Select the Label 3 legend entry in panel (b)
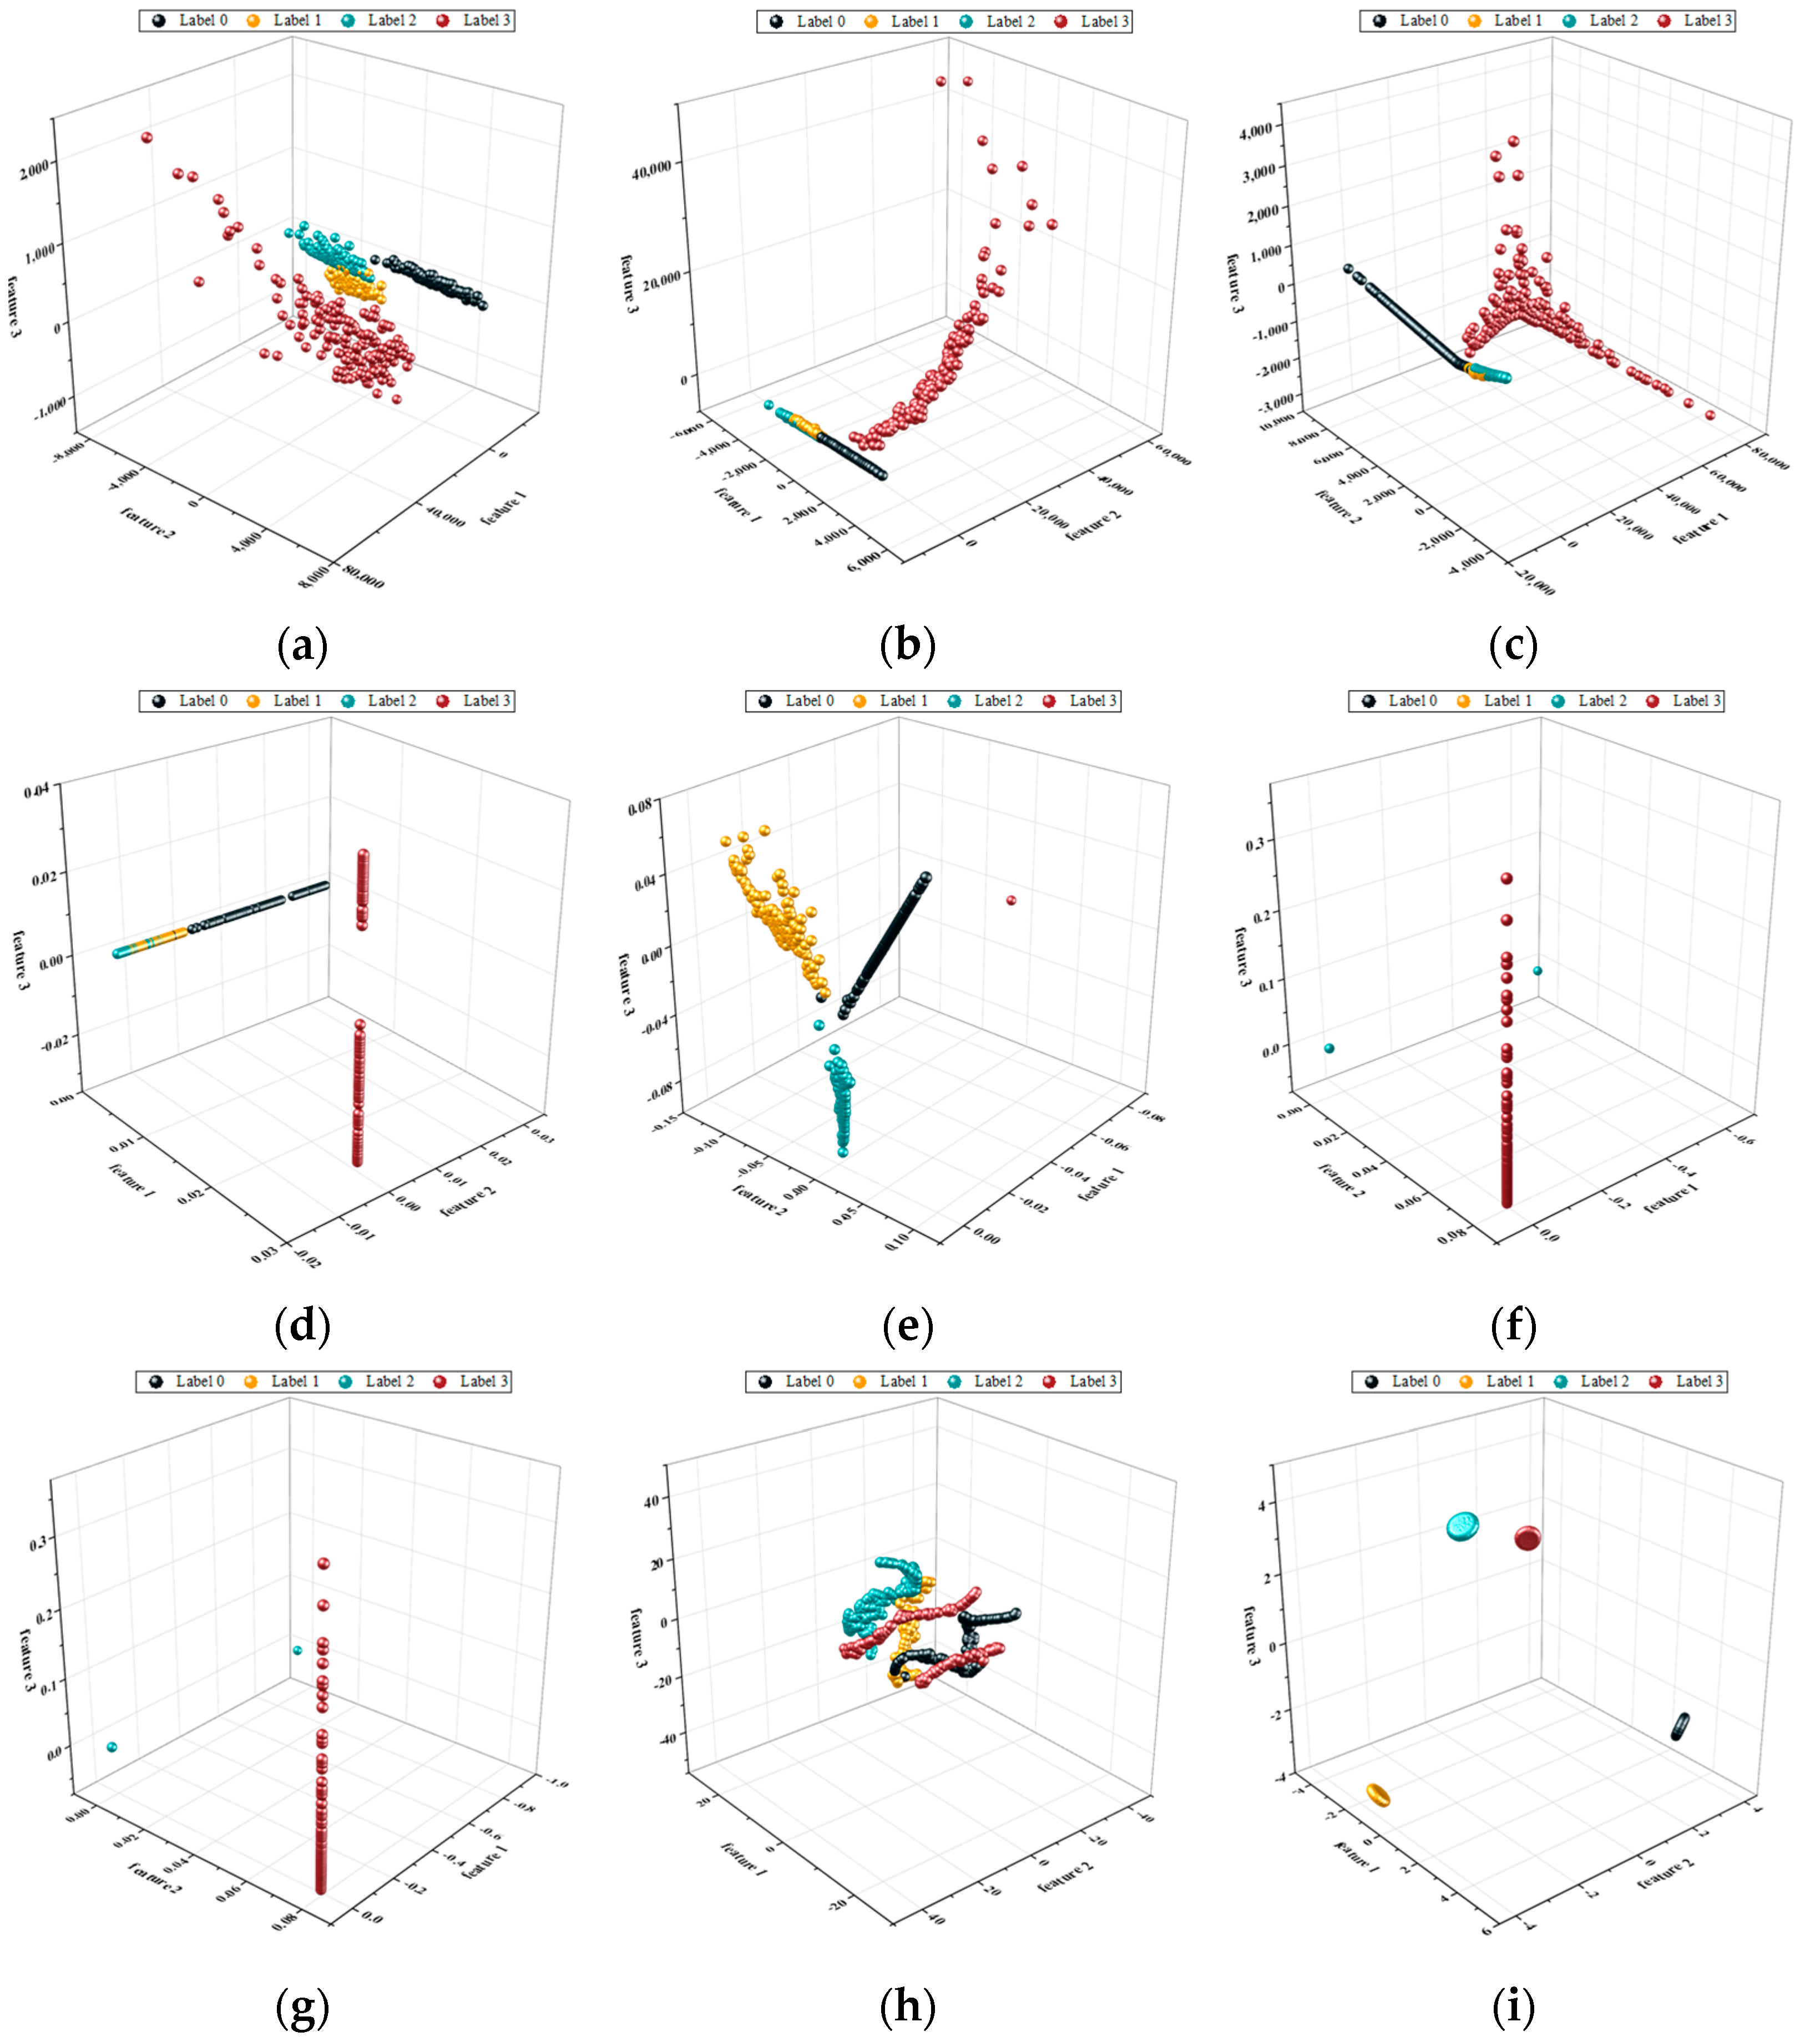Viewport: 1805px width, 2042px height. click(1094, 21)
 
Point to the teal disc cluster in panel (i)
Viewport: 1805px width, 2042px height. click(1463, 1526)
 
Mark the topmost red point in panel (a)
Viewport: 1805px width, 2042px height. click(147, 138)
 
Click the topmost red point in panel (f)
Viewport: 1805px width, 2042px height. click(1506, 879)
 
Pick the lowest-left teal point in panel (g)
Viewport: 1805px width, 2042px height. click(112, 1748)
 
